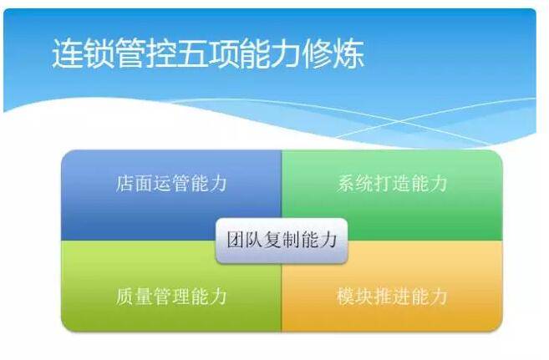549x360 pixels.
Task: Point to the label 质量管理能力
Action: [170, 296]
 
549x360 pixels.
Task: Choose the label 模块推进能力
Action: [392, 296]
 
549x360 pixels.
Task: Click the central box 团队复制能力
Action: [282, 240]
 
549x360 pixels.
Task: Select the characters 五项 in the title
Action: [207, 54]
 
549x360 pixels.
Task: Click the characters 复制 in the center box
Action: [282, 240]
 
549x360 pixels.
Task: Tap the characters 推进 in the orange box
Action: [392, 296]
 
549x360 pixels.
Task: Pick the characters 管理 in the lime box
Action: [170, 296]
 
